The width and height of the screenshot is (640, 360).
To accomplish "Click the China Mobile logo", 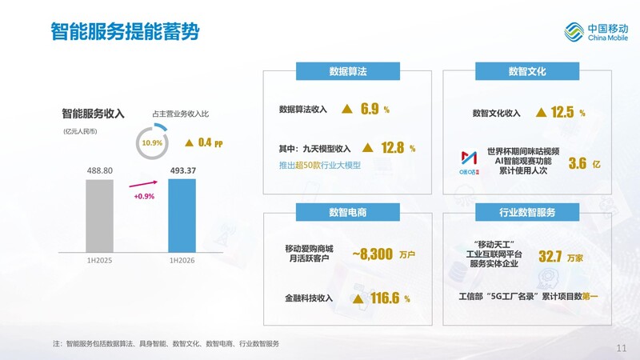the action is [596, 32].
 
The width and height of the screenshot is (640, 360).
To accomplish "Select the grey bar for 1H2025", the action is [99, 216].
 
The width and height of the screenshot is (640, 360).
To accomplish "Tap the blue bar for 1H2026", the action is [182, 216].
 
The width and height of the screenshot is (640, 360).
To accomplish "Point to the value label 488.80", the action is [99, 170].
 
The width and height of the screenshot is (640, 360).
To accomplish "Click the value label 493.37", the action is [183, 170].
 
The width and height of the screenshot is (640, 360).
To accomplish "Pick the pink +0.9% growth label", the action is [144, 196].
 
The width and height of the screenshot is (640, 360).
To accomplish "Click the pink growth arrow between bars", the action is [143, 184].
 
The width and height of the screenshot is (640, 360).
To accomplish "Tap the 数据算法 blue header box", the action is [348, 71].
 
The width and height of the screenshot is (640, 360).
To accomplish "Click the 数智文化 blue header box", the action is [527, 71].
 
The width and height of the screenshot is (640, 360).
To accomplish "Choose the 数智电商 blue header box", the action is [348, 212].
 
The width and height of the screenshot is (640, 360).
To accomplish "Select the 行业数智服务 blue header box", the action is [527, 212].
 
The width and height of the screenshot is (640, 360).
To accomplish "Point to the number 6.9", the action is [370, 109].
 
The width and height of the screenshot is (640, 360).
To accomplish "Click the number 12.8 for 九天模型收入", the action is [393, 148].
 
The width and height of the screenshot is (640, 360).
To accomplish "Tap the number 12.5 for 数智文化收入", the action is [562, 112].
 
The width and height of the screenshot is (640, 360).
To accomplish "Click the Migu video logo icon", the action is [469, 162].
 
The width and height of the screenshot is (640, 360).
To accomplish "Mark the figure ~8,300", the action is [373, 254].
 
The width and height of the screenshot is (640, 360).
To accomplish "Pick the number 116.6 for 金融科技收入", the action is [385, 298].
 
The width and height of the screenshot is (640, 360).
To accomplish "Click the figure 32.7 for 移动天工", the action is [550, 257].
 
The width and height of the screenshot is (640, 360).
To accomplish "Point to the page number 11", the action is [622, 348].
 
